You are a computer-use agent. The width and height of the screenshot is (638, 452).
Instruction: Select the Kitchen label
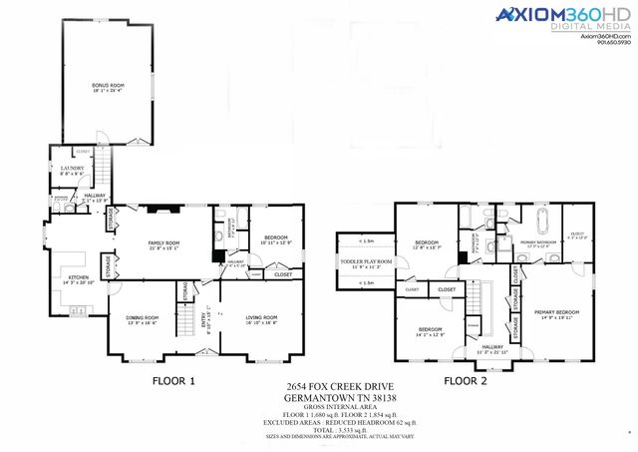click(x=77, y=282)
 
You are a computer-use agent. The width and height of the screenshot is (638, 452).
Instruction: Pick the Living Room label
click(x=263, y=319)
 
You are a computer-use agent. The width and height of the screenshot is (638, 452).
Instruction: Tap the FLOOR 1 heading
click(x=173, y=381)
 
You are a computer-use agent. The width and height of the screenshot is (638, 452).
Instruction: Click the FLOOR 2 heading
click(x=467, y=381)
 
